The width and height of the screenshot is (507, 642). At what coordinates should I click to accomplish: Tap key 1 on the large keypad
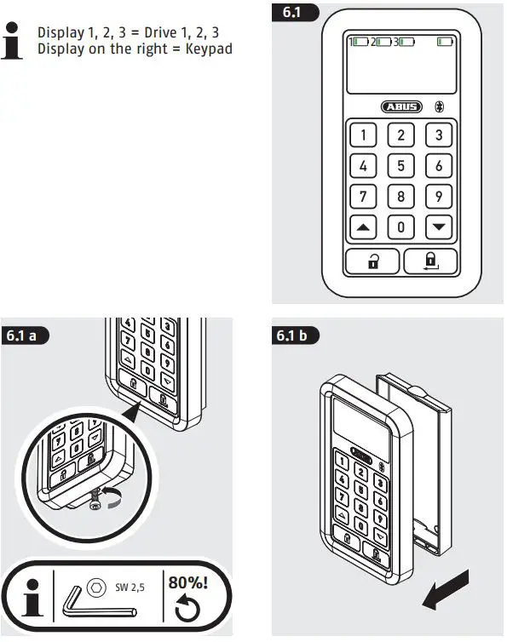point(364,135)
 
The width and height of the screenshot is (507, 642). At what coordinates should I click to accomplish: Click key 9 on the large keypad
point(439,197)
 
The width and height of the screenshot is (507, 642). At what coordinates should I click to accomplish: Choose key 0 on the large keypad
point(401,227)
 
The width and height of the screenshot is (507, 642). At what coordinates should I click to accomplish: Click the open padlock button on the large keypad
point(373,262)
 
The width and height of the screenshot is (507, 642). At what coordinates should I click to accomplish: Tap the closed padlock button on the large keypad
point(430,262)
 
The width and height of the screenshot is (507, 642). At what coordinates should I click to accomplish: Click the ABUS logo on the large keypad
point(401,106)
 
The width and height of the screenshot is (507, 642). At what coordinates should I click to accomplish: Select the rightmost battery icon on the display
point(443,41)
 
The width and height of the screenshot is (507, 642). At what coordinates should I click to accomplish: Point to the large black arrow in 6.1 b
point(446,589)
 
